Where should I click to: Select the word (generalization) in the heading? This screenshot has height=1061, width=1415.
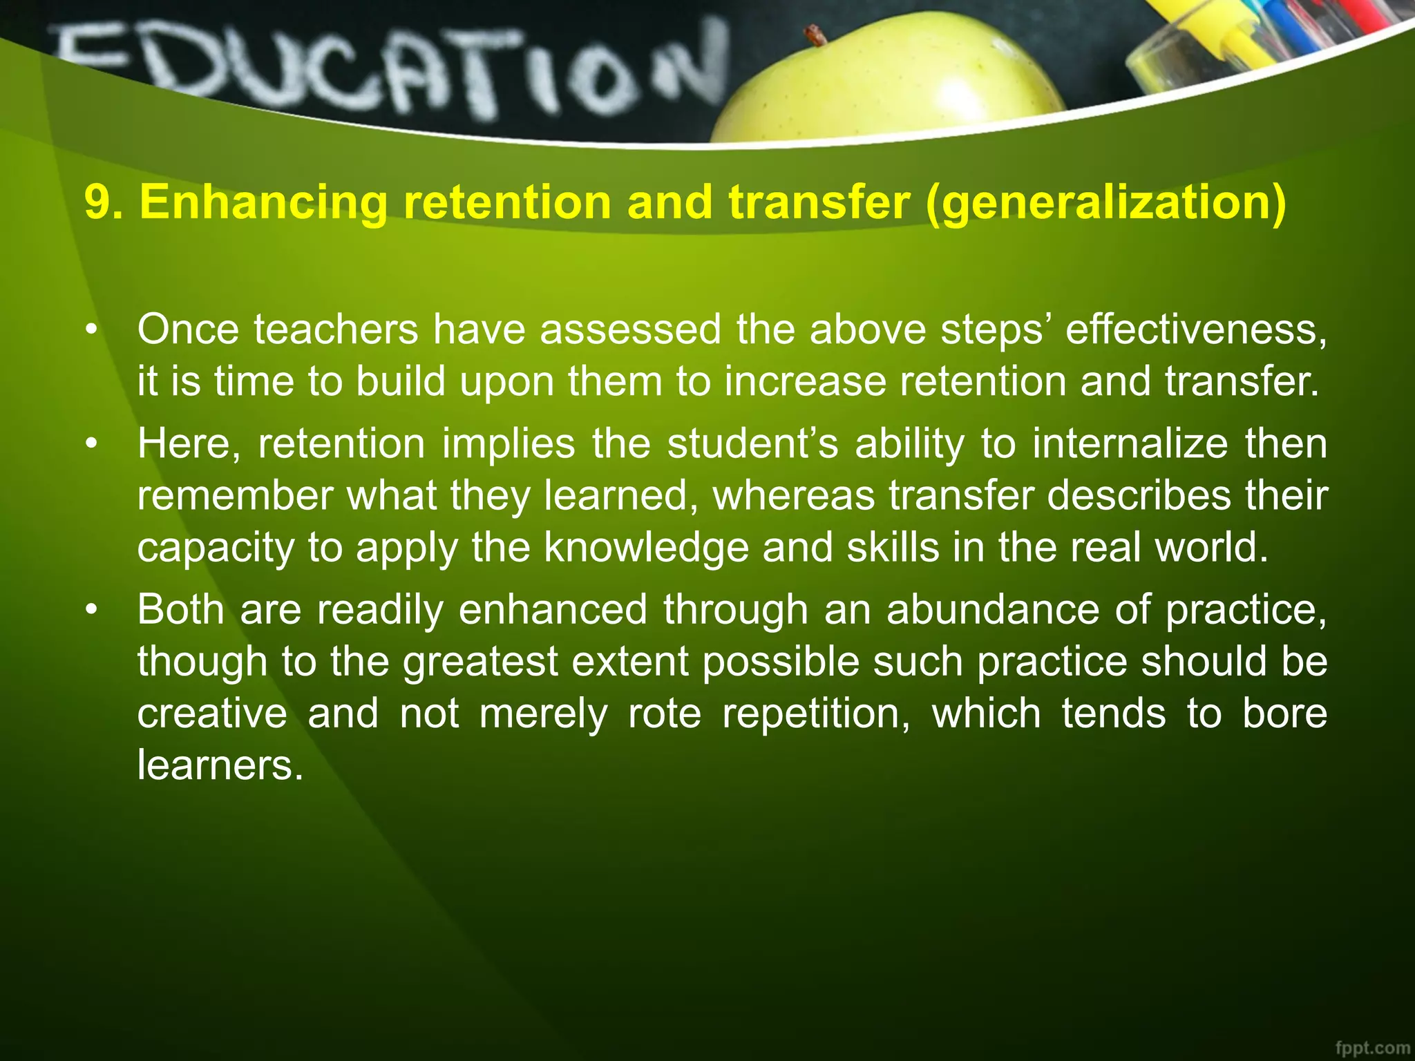click(x=1105, y=204)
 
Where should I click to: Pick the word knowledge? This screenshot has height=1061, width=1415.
click(x=646, y=547)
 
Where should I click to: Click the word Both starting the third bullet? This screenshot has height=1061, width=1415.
click(x=180, y=609)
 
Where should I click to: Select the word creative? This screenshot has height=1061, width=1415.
click(x=212, y=713)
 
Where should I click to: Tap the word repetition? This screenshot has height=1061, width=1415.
click(x=816, y=714)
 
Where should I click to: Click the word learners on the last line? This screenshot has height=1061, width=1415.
click(x=220, y=765)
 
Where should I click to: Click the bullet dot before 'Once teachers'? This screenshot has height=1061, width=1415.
click(x=91, y=330)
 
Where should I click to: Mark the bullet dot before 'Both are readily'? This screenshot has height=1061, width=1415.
click(x=91, y=611)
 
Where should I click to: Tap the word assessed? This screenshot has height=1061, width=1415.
click(x=630, y=329)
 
